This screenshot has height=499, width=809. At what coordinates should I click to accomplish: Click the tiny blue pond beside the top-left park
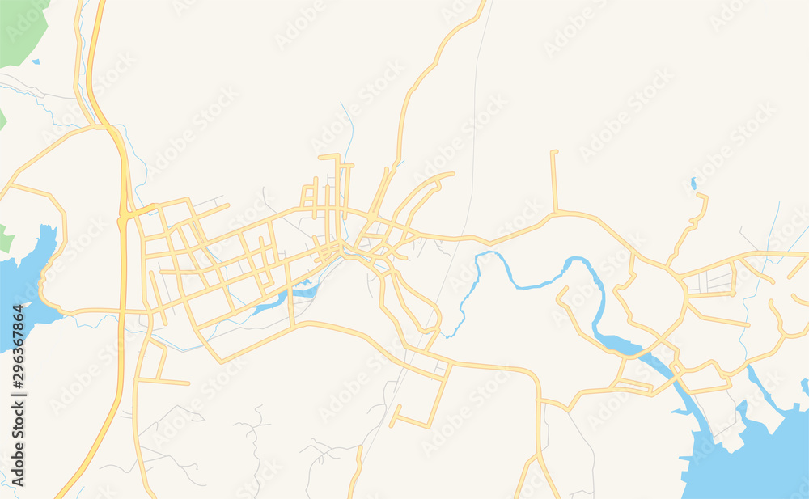click(x=36, y=61)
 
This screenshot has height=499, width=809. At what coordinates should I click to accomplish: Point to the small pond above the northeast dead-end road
click(x=693, y=184)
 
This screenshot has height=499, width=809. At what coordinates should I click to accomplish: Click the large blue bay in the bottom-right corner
click(x=752, y=461)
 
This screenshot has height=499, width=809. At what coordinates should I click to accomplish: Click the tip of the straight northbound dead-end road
click(x=554, y=152)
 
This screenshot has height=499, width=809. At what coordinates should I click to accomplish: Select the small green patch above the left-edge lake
click(x=6, y=239)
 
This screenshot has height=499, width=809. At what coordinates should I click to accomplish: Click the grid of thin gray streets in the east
click(x=712, y=281)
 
